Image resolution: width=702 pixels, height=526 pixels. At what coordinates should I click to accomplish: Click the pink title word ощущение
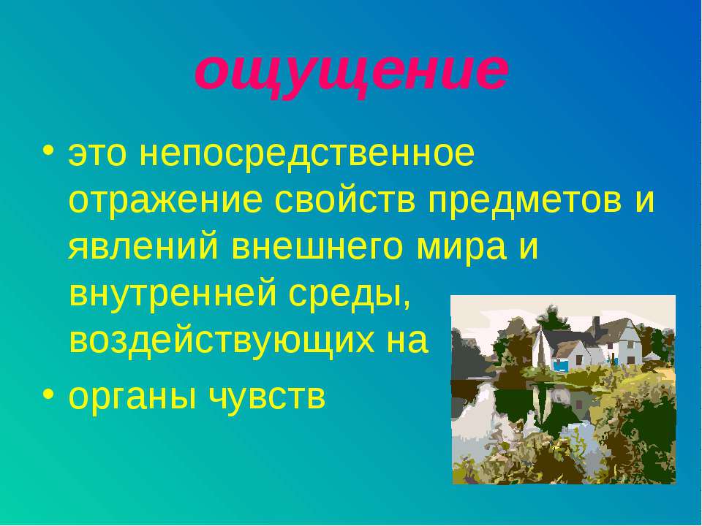coord(351,72)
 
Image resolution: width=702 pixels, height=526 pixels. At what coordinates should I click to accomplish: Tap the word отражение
coord(165,200)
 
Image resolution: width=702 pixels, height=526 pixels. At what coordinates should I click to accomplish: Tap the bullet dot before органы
coord(49,393)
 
